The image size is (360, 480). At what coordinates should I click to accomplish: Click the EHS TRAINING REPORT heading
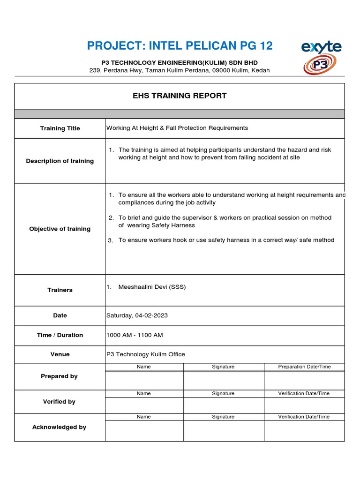(x=180, y=96)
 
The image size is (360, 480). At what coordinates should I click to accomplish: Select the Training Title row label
(x=60, y=128)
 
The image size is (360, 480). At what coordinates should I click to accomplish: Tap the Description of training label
(x=60, y=161)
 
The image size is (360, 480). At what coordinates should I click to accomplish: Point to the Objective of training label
(x=60, y=229)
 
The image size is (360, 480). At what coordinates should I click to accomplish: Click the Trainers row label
(x=60, y=290)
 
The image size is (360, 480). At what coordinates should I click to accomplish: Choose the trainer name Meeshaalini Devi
(x=152, y=287)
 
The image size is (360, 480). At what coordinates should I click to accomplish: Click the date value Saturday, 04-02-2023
(x=137, y=315)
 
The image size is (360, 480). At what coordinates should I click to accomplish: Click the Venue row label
(x=60, y=354)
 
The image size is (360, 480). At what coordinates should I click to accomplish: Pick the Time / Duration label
(x=60, y=335)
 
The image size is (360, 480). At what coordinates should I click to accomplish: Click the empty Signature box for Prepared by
(x=223, y=380)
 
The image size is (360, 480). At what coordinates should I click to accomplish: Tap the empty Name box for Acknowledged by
(x=144, y=430)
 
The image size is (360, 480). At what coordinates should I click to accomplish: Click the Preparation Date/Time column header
(x=304, y=367)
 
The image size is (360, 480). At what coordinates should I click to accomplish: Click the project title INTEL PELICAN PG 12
(x=180, y=46)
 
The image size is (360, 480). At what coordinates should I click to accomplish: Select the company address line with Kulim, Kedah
(x=180, y=70)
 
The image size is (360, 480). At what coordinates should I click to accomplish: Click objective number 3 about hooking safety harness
(x=226, y=240)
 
